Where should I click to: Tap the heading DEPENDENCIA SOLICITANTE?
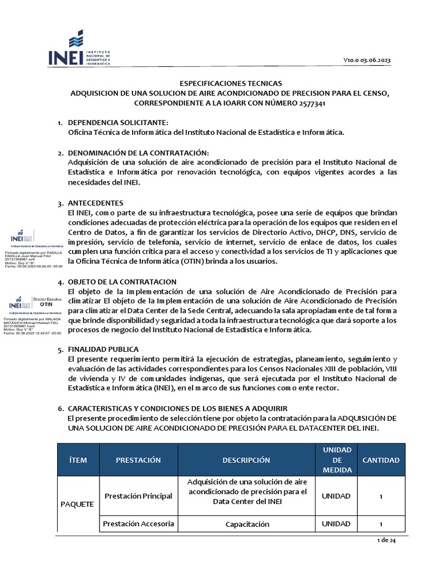pyautogui.click(x=118, y=123)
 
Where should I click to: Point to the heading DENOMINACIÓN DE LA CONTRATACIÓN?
pyautogui.click(x=139, y=153)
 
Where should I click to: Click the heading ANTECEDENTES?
pyautogui.click(x=95, y=203)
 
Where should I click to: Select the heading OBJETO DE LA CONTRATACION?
pyautogui.click(x=122, y=282)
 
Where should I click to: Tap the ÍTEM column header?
pyautogui.click(x=78, y=460)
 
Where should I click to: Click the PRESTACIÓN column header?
pyautogui.click(x=138, y=460)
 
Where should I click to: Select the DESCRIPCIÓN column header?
pyautogui.click(x=246, y=460)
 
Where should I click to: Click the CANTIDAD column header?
pyautogui.click(x=381, y=460)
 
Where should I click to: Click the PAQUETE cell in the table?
pyautogui.click(x=78, y=504)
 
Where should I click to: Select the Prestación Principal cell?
pyautogui.click(x=138, y=496)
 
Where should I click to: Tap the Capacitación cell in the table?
pyautogui.click(x=247, y=524)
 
